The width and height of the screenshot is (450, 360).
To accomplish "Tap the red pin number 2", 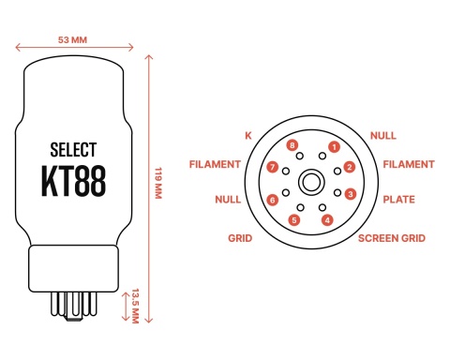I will tap(349, 168).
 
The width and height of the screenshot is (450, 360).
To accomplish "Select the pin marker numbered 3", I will tap(350, 195).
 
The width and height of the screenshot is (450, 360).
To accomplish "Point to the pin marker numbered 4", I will tap(326, 220).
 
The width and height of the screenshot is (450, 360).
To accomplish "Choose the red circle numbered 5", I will tap(294, 220).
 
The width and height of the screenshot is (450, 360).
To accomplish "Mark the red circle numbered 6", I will tap(273, 200).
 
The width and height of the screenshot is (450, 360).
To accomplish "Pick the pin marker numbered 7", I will tap(273, 168).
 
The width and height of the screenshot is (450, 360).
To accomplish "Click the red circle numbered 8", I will tap(293, 146).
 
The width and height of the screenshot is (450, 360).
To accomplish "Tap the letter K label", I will tap(248, 136).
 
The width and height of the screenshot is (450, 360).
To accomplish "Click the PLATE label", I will tap(399, 200).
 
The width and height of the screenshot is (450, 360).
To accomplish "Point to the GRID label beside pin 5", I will tap(240, 238).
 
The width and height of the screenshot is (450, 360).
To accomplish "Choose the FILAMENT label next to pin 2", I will tap(408, 164).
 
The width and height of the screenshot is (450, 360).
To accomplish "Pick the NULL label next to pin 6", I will tap(228, 200).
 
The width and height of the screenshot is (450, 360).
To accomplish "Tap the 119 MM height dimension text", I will tap(158, 182).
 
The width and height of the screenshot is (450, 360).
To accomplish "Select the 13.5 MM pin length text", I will tap(136, 305).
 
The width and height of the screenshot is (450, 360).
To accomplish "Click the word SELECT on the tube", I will tap(72, 149).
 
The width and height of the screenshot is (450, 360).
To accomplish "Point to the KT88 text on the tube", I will tap(73, 180).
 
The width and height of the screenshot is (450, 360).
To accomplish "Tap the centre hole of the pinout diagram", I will tap(310, 182).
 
